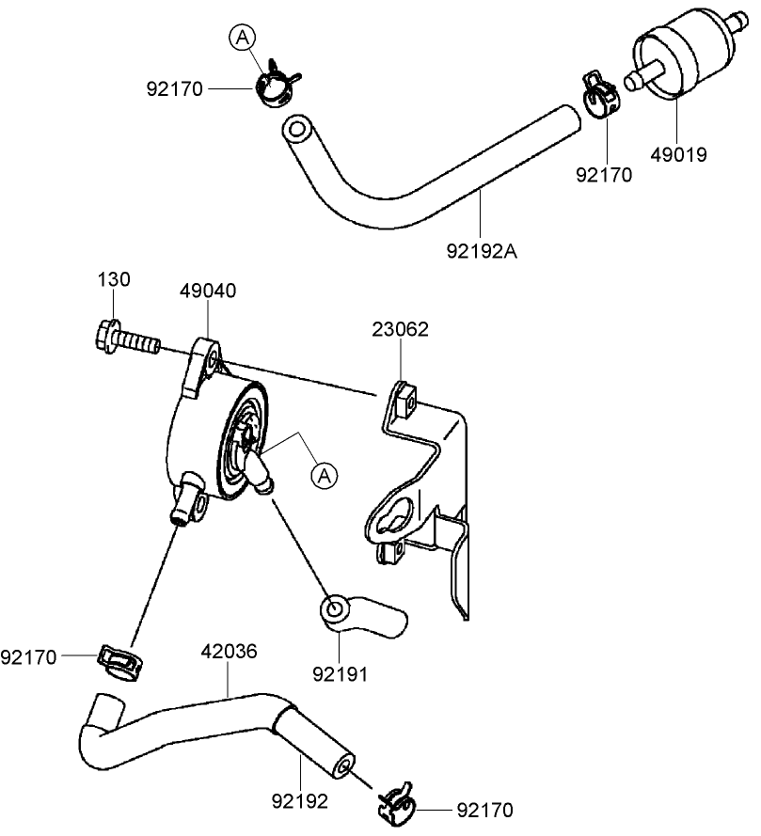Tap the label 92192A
pyautogui.click(x=482, y=251)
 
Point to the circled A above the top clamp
pyautogui.click(x=243, y=38)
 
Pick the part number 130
pyautogui.click(x=114, y=279)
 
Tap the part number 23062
pyautogui.click(x=401, y=329)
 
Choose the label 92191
pyautogui.click(x=340, y=673)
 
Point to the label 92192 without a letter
pyautogui.click(x=301, y=802)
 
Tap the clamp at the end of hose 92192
pyautogui.click(x=397, y=801)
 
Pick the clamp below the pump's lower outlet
pyautogui.click(x=120, y=658)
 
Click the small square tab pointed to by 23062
pyautogui.click(x=404, y=399)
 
